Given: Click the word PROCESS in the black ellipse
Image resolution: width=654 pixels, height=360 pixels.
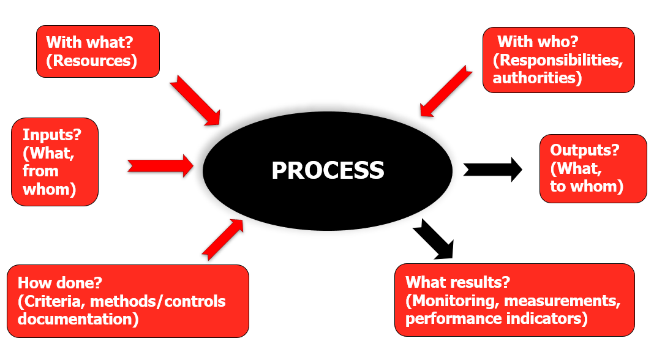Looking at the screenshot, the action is point(328,170).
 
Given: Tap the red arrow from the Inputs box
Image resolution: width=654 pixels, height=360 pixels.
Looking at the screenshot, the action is point(160,165).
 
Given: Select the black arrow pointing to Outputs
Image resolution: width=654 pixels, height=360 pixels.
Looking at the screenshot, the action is point(492,170).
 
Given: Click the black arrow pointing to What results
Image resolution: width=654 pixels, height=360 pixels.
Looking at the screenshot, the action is point(434,239).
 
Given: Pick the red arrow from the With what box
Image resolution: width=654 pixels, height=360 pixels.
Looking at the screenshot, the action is point(195,100).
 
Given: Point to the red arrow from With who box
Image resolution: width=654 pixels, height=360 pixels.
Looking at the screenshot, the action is point(446,91).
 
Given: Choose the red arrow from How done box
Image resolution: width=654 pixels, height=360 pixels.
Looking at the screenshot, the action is point(223,239).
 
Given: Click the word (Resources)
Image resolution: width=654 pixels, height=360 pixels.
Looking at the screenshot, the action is point(91,61).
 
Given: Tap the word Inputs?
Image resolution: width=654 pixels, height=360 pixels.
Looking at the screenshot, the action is point(51,135).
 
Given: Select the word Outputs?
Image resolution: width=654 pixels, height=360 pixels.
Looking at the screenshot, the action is point(584,150).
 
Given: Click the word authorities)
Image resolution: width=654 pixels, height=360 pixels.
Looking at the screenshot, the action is point(537,78).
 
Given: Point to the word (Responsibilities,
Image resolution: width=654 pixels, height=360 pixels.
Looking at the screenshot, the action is point(558,61).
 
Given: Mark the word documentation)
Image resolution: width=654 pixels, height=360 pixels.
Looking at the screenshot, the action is point(78,319).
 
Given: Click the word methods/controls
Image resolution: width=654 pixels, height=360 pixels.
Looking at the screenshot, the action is point(157,301).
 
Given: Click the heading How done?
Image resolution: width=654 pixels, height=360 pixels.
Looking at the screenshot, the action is point(59,283).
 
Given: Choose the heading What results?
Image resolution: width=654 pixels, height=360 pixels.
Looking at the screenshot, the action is point(457,282).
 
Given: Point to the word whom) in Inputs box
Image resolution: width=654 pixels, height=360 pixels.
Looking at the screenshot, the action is point(49,189).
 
